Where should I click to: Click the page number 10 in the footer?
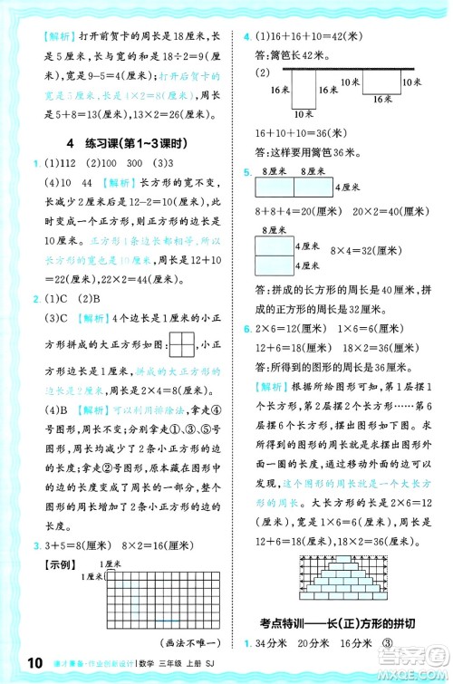point(20,666)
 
